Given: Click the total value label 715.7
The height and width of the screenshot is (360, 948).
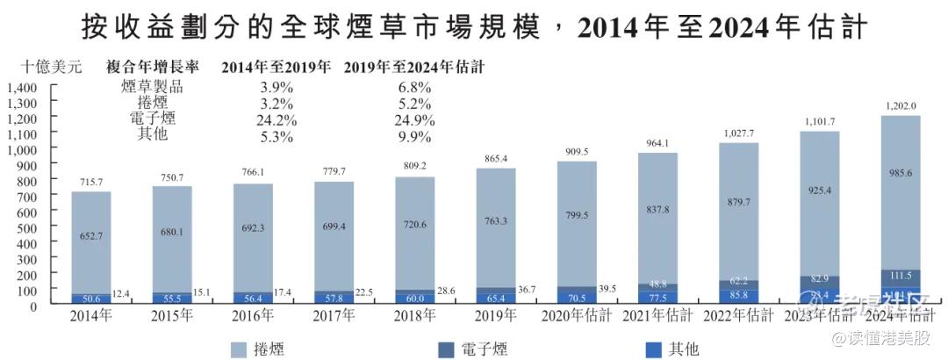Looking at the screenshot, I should tap(90, 181).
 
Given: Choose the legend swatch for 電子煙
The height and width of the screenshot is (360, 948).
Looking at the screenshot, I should tap(452, 349).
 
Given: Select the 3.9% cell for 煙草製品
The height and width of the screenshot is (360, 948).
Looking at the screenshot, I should tap(277, 87).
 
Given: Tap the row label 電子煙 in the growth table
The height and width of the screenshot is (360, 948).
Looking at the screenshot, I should tap(152, 119).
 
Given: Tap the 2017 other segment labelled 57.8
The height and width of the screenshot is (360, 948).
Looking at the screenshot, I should tap(333, 299).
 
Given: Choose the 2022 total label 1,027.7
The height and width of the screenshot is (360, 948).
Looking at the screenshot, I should tap(739, 133).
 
